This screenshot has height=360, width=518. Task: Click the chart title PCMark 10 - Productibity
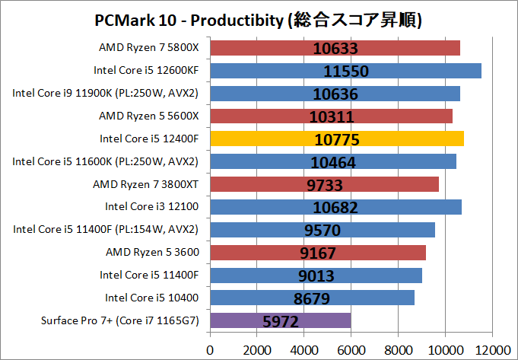(259, 18)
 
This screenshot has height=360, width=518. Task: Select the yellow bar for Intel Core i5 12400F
(336, 139)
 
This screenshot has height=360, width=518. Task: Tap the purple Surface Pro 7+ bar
(280, 321)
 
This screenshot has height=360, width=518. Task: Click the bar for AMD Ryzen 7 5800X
(335, 48)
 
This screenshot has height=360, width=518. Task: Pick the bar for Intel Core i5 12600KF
(345, 71)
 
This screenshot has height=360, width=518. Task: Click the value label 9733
(324, 185)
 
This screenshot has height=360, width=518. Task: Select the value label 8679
(312, 298)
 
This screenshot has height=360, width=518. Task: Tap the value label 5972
(280, 321)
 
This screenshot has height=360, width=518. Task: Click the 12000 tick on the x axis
(491, 350)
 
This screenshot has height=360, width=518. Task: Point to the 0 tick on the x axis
(210, 350)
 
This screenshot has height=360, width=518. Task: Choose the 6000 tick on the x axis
(351, 350)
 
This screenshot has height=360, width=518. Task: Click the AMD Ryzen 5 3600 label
(149, 252)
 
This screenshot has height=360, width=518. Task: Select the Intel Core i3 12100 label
(151, 206)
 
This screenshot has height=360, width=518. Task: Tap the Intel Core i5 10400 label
(151, 298)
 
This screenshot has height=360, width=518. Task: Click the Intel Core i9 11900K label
(106, 93)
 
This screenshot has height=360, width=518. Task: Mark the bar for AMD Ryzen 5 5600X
(331, 116)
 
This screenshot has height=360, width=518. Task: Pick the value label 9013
(316, 276)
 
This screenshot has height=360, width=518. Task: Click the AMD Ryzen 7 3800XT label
(145, 183)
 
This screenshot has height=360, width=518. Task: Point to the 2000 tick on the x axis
(257, 350)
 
